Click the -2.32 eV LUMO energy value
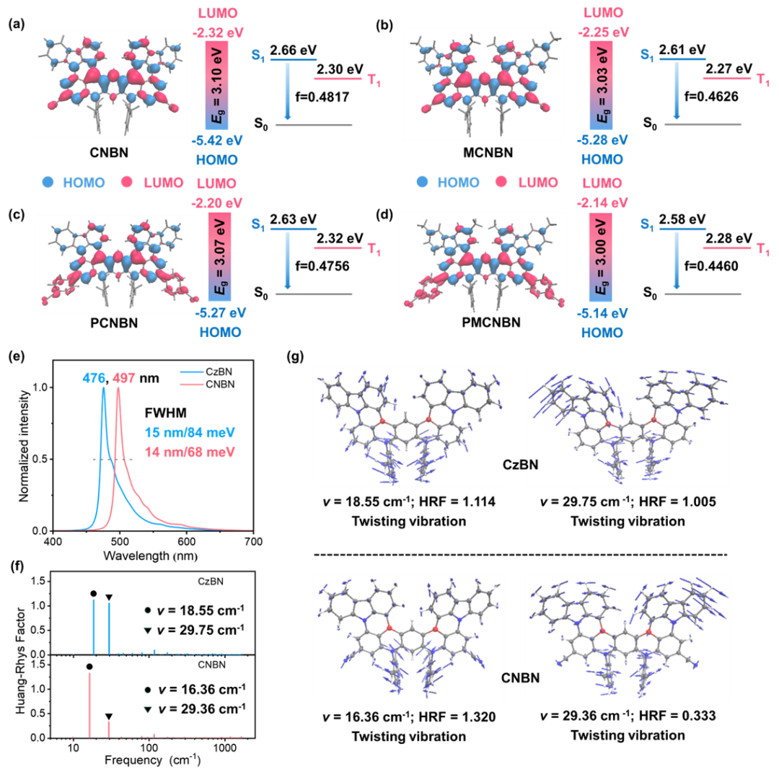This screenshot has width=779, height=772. [x=217, y=32]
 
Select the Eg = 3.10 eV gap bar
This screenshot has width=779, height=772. [x=217, y=85]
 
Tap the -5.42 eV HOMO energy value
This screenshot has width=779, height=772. [x=217, y=141]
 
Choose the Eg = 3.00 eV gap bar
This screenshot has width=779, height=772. [x=602, y=260]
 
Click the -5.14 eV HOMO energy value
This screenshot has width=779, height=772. [x=602, y=314]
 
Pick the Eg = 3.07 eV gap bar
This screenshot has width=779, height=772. [x=219, y=257]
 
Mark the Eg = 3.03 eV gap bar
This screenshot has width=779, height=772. [x=602, y=85]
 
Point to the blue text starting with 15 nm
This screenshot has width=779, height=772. [x=190, y=433]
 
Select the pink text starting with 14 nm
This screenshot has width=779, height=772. [x=190, y=452]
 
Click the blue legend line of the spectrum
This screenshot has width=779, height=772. [x=192, y=372]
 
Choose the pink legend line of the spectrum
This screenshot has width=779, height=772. [x=192, y=384]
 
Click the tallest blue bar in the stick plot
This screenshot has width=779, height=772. [x=94, y=626]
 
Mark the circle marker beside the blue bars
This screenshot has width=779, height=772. [x=148, y=610]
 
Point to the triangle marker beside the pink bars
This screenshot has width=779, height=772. [x=148, y=710]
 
